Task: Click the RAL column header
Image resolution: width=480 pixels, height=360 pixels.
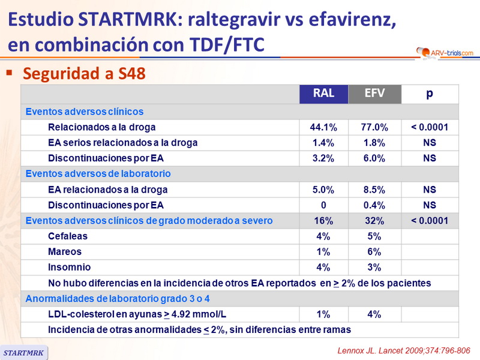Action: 323,94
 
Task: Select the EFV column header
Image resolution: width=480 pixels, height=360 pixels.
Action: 374,94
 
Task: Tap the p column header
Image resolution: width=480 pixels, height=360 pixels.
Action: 430,94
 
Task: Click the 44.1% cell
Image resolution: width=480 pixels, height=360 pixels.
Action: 323,127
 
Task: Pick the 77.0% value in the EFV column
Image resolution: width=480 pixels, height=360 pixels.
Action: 374,127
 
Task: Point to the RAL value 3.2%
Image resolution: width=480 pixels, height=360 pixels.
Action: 323,158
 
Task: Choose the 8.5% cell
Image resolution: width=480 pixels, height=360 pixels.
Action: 374,190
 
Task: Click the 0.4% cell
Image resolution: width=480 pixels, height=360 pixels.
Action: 374,205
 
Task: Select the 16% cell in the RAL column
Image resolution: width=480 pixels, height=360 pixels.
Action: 323,221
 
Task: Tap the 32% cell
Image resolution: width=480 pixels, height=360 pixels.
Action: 374,221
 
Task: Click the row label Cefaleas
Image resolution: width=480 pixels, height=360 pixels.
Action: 67,236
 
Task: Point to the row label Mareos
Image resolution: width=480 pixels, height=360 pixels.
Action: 65,252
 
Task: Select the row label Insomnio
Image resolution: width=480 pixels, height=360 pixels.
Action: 68,268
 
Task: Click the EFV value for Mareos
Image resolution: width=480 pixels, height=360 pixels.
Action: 374,252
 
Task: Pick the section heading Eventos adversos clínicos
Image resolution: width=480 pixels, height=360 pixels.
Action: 84,112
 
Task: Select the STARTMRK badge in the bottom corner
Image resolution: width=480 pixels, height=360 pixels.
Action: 24,353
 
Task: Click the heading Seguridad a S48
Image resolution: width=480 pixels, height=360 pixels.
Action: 83,73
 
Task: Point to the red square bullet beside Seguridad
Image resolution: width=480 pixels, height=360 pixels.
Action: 10,72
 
